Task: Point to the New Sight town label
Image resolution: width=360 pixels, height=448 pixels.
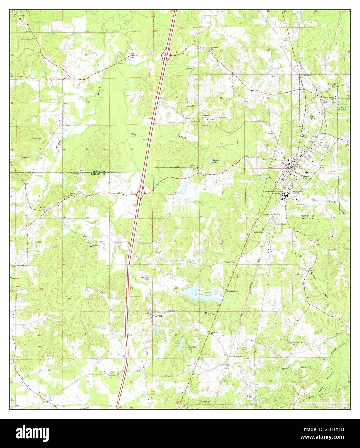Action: click(158, 316)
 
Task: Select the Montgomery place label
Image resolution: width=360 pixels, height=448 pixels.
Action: click(239, 357)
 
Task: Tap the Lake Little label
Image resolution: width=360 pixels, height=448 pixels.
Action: click(312, 117)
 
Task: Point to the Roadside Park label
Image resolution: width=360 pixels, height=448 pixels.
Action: click(232, 291)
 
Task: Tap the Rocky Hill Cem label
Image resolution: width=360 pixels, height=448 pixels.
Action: click(206, 116)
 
